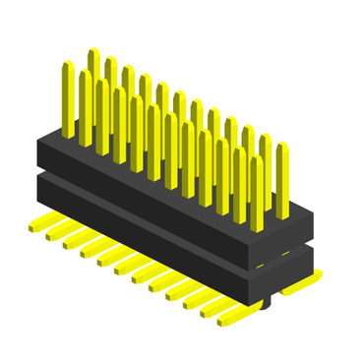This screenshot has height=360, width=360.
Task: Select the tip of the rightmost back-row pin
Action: (282, 147)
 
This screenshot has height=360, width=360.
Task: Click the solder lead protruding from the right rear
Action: (300, 286)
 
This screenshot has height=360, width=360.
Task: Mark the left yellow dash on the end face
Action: (261, 266)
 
